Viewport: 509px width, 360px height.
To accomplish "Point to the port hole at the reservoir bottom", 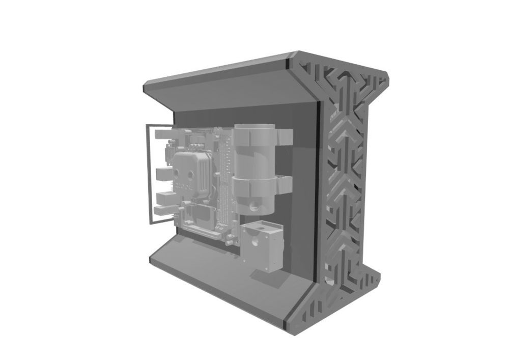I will click(x=253, y=208).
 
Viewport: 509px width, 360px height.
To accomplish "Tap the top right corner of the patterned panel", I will click(x=387, y=76).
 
